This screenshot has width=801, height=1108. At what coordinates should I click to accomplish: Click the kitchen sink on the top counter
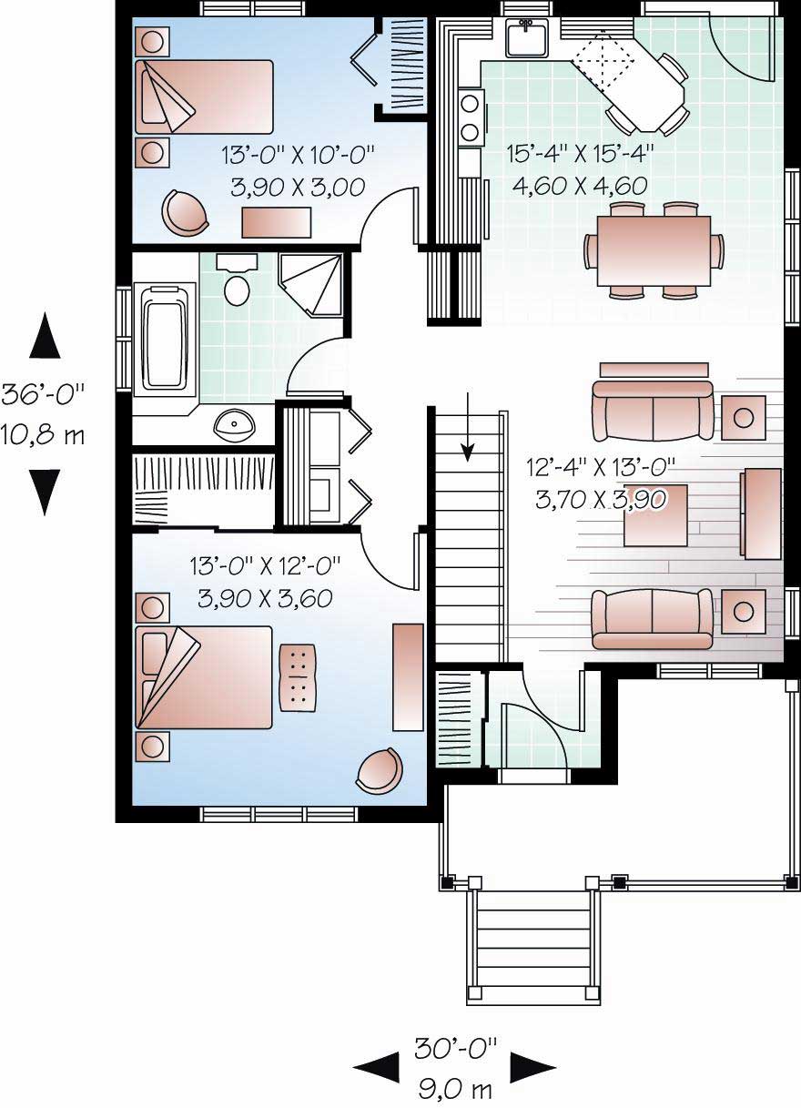pyautogui.click(x=525, y=37)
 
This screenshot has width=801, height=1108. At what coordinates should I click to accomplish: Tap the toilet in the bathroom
pyautogui.click(x=237, y=285)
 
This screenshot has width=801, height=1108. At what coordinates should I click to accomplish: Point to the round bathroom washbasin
pyautogui.click(x=237, y=422)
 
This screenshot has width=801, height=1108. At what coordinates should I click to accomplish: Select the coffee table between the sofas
pyautogui.click(x=655, y=515)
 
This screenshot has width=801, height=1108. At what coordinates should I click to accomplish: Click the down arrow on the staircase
pyautogui.click(x=468, y=428)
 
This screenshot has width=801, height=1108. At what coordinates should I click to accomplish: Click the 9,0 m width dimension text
pyautogui.click(x=455, y=1087)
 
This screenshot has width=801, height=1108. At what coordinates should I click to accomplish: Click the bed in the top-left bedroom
pyautogui.click(x=205, y=97)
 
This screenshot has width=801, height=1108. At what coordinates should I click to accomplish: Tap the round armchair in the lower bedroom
pyautogui.click(x=379, y=770)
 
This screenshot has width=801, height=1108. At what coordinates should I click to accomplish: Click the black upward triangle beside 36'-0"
pyautogui.click(x=44, y=336)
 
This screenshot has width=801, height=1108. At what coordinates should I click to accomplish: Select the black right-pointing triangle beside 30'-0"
pyautogui.click(x=532, y=1066)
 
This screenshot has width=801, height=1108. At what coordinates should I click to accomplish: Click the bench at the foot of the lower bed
pyautogui.click(x=297, y=676)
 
